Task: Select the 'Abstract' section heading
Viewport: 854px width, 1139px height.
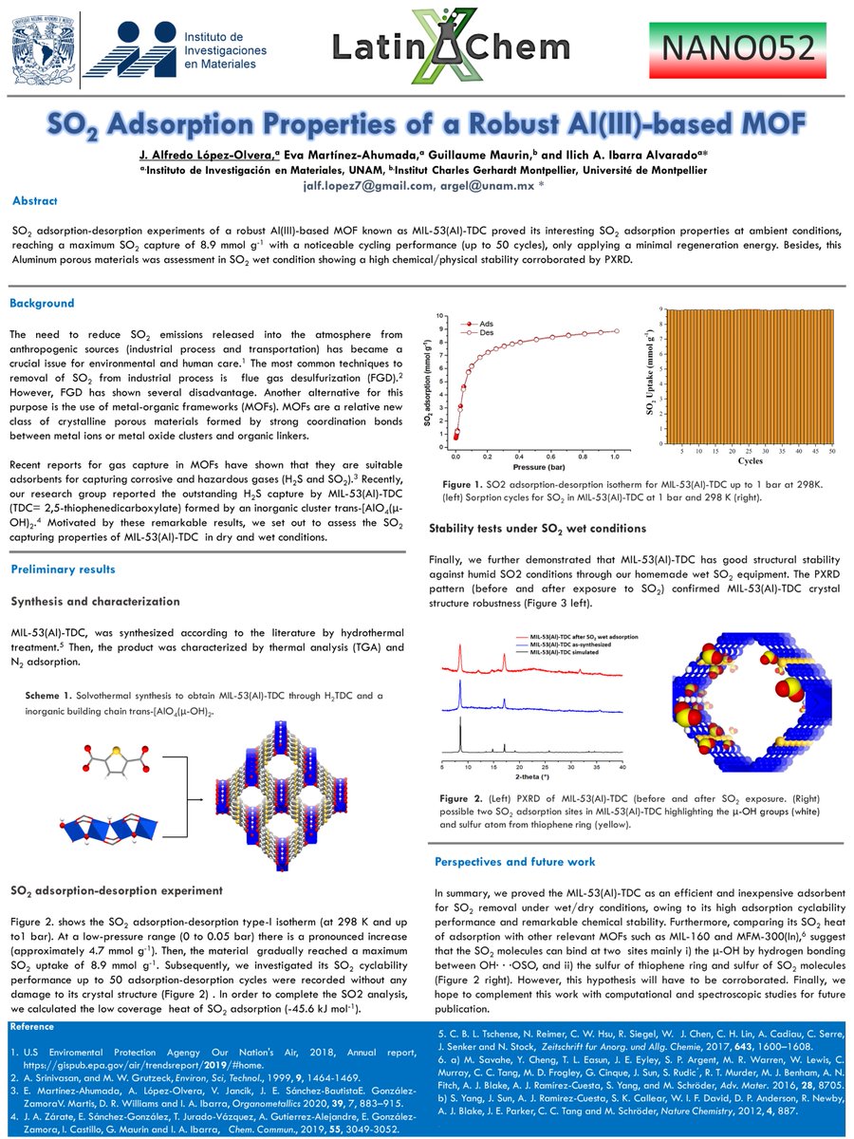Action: tap(35, 200)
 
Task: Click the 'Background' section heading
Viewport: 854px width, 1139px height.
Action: tap(42, 304)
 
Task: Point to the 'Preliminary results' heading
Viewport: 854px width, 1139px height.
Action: tap(63, 569)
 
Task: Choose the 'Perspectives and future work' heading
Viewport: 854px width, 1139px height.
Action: tap(514, 862)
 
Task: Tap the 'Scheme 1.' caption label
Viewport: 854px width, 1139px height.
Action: tap(48, 696)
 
